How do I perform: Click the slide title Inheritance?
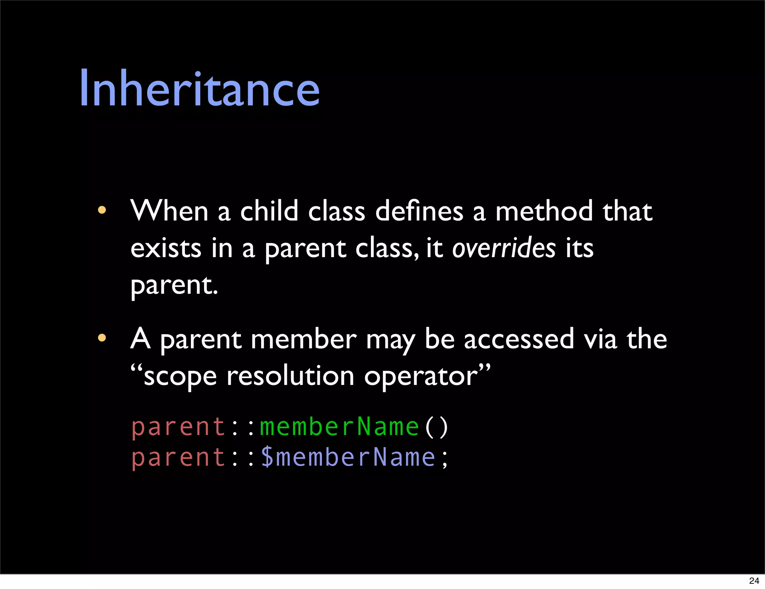click(x=199, y=89)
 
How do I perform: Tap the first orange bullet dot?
click(x=102, y=210)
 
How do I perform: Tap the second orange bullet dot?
click(x=102, y=338)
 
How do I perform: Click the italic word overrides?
click(x=504, y=248)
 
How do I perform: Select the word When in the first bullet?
click(x=169, y=211)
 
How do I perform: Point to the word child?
click(x=269, y=211)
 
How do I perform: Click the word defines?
click(x=419, y=211)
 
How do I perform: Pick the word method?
click(x=544, y=211)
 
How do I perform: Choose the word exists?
click(x=166, y=248)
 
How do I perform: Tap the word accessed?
click(x=518, y=339)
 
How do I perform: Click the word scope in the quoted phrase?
click(x=180, y=377)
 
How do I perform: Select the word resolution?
click(x=290, y=376)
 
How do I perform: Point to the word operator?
click(x=421, y=377)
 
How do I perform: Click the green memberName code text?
click(x=339, y=427)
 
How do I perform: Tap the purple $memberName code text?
click(x=348, y=457)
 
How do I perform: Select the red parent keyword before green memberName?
click(x=179, y=427)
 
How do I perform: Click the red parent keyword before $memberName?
click(x=179, y=458)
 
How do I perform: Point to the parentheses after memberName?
click(x=436, y=427)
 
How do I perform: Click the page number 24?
click(x=754, y=581)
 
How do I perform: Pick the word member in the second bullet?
click(x=303, y=339)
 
